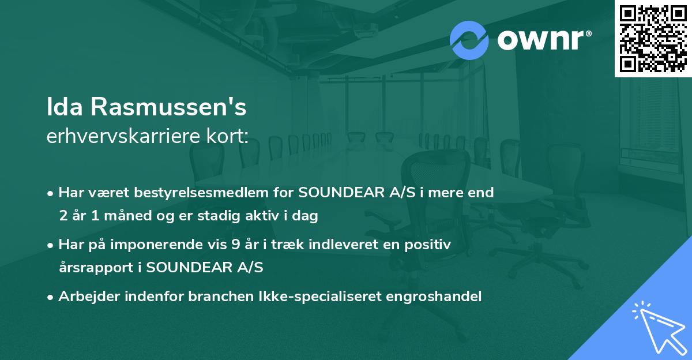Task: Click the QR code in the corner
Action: click(653, 38)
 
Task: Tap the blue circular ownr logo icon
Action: click(469, 40)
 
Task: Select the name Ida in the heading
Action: click(63, 107)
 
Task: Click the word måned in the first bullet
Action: click(126, 216)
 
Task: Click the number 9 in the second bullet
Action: click(236, 245)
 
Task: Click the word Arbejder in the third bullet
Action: click(85, 297)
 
